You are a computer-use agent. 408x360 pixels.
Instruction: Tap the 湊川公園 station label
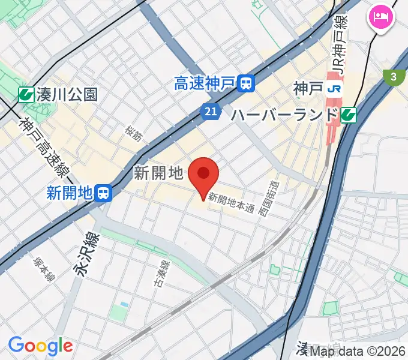[66, 94]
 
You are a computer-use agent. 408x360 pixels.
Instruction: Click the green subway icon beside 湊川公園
[26, 94]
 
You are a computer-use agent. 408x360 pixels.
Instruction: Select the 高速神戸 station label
[205, 83]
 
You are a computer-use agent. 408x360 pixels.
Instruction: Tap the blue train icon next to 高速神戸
[245, 83]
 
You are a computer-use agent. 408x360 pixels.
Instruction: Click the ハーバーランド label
[284, 114]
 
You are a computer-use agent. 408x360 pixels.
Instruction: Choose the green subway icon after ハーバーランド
[349, 115]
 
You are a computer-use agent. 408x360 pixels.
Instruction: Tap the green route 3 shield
[393, 77]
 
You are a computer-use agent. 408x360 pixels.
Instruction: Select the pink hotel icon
[381, 16]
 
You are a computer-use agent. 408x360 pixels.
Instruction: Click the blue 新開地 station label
[69, 193]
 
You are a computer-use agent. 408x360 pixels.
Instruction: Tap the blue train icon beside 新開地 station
[104, 193]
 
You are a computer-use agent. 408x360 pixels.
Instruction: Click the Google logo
[40, 346]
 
